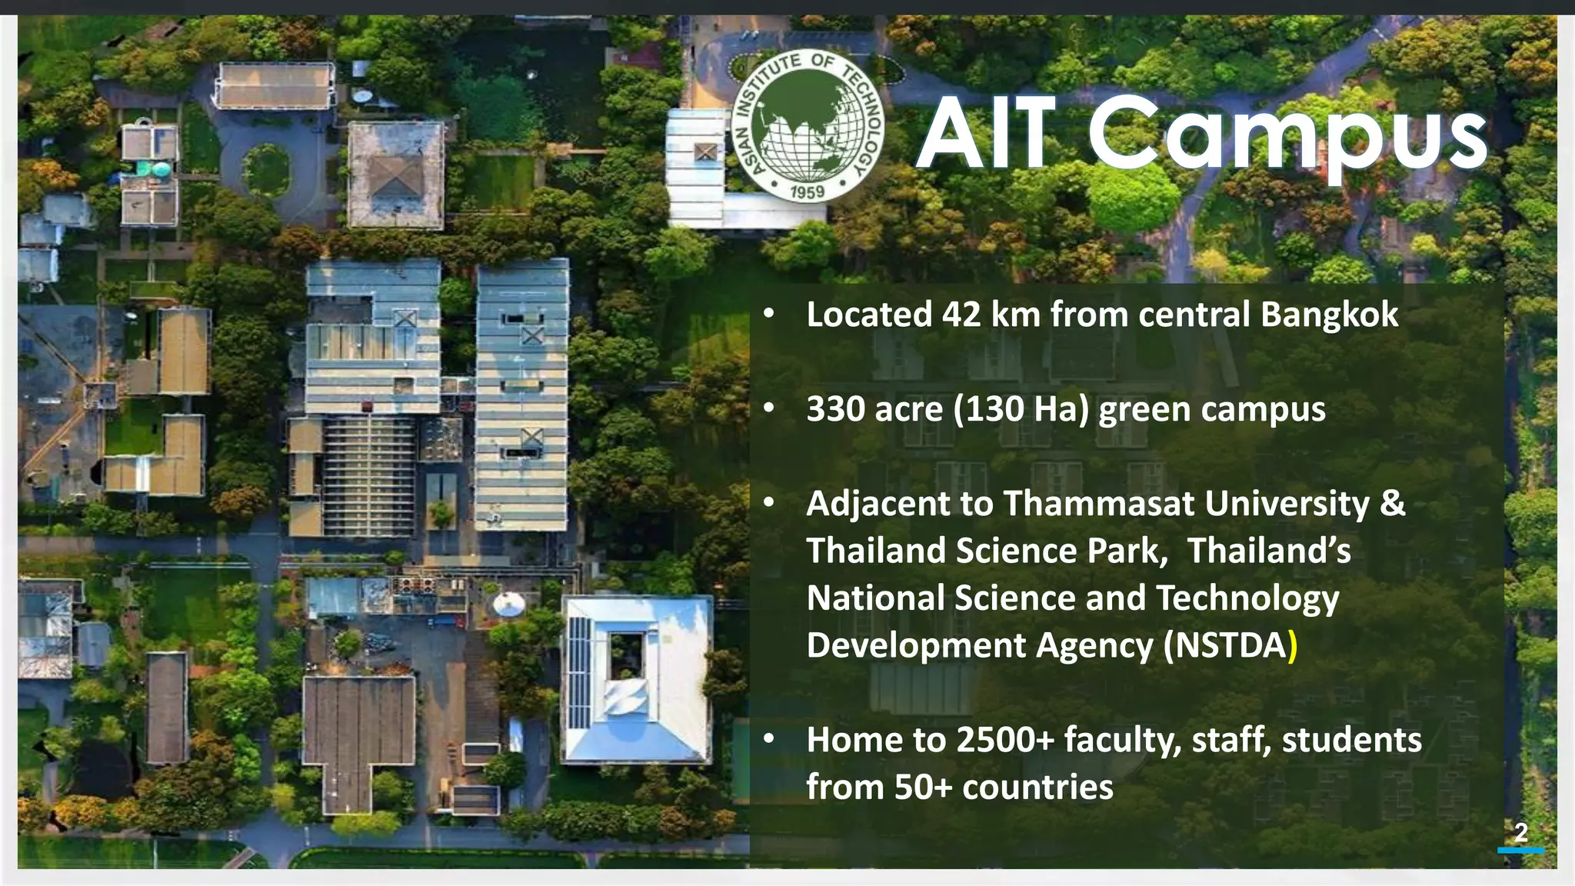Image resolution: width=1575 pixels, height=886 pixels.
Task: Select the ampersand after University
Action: click(1393, 504)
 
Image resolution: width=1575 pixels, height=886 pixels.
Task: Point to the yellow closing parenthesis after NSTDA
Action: click(1293, 646)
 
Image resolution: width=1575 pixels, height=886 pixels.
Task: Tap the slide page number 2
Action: click(1521, 832)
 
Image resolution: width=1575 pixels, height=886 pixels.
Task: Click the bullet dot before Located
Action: click(768, 315)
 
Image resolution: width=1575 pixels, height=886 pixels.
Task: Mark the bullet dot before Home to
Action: click(768, 740)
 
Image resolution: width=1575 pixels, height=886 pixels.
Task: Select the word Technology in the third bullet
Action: click(1247, 598)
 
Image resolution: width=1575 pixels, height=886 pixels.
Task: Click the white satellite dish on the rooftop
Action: click(509, 605)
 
